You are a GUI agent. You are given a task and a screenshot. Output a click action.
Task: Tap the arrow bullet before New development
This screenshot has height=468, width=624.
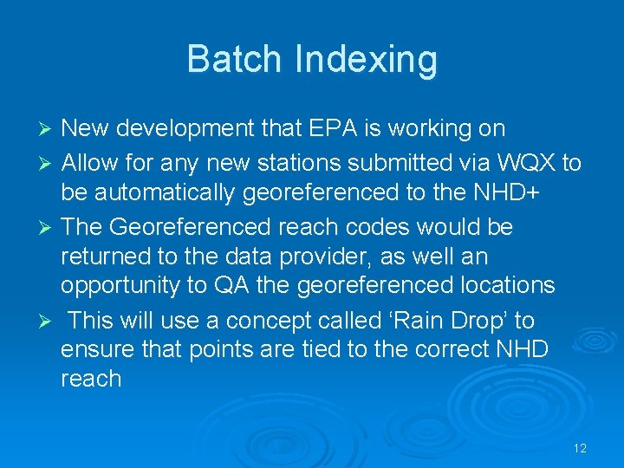tap(49, 130)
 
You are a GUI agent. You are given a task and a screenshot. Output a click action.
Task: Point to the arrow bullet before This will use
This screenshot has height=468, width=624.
tap(49, 322)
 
